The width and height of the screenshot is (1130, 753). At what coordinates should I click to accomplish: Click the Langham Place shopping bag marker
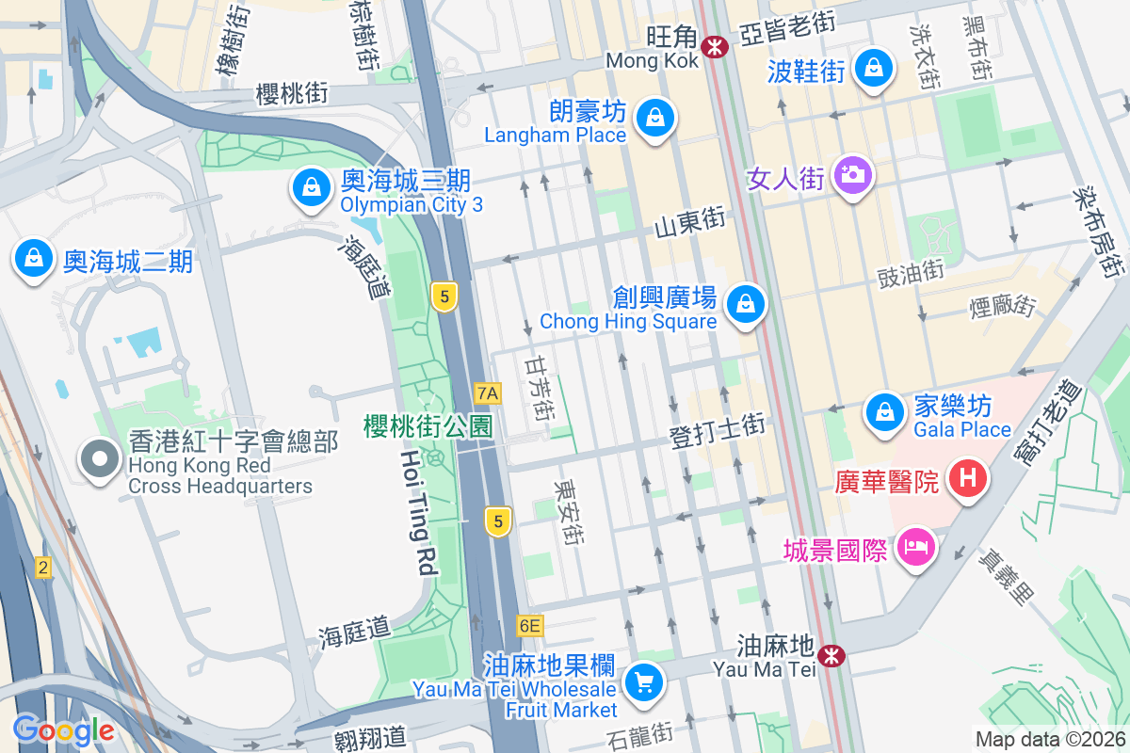[x=654, y=119]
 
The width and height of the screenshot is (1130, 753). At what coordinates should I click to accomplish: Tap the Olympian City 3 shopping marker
[x=310, y=188]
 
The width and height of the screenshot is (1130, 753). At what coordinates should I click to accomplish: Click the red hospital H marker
[x=967, y=478]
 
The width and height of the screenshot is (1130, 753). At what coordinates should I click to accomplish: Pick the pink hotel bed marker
[x=914, y=547]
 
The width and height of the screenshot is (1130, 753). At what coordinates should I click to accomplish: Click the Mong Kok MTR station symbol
[x=716, y=43]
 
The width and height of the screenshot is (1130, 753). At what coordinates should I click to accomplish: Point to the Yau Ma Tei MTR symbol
[x=831, y=655]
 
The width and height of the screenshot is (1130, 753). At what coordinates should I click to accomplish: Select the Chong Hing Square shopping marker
[x=746, y=304]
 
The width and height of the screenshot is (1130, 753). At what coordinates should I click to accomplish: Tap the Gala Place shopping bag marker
[x=883, y=411]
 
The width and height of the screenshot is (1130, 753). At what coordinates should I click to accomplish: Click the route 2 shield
[x=42, y=568]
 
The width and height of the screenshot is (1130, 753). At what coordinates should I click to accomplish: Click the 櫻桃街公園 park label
[x=428, y=426]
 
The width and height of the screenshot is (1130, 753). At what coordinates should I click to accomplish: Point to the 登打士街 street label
[x=717, y=426]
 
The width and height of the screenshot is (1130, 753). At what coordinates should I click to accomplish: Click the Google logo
[x=63, y=729]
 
